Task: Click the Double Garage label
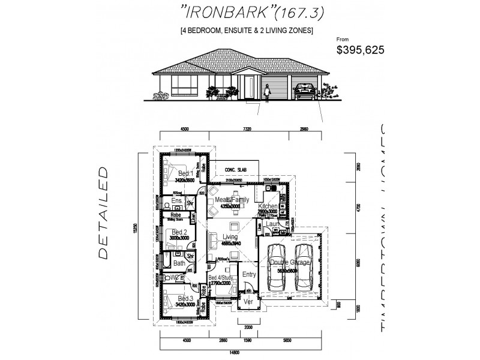pyautogui.click(x=291, y=262)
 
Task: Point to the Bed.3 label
pyautogui.click(x=185, y=298)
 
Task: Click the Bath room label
pyautogui.click(x=179, y=263)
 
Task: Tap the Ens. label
pyautogui.click(x=176, y=200)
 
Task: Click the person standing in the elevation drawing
pyautogui.click(x=268, y=92)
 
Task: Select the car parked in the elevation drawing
pyautogui.click(x=304, y=91)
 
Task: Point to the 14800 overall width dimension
pyautogui.click(x=243, y=352)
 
